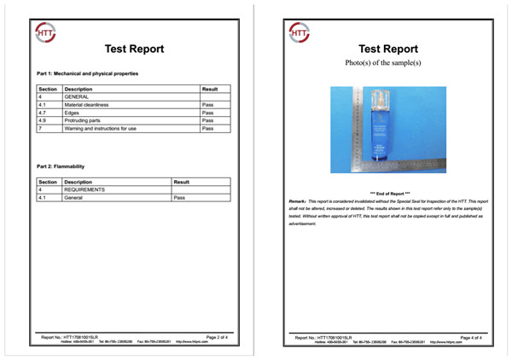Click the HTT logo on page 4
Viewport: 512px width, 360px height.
tap(300, 32)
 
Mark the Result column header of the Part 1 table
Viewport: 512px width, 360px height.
tap(210, 89)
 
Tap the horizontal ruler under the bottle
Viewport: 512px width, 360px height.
tap(393, 163)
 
